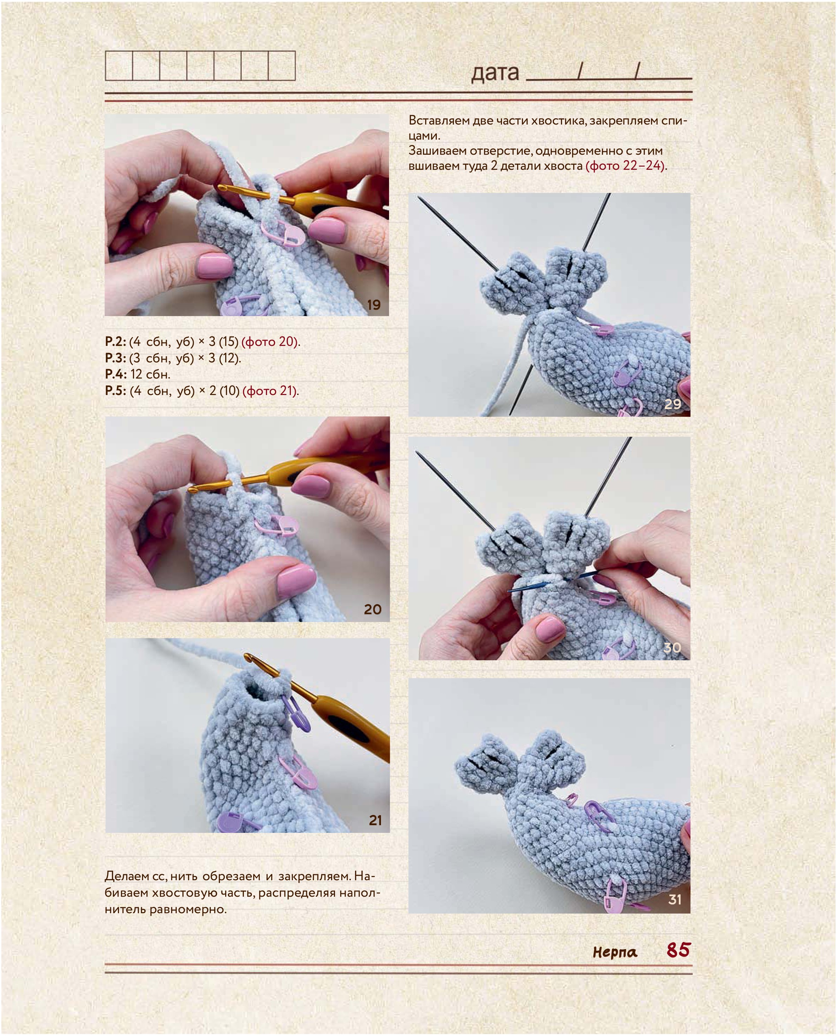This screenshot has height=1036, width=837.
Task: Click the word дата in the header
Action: click(495, 72)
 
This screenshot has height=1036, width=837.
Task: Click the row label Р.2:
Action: click(116, 341)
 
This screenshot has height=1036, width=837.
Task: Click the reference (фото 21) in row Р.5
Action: click(270, 390)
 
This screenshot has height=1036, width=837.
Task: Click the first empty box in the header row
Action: click(119, 66)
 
